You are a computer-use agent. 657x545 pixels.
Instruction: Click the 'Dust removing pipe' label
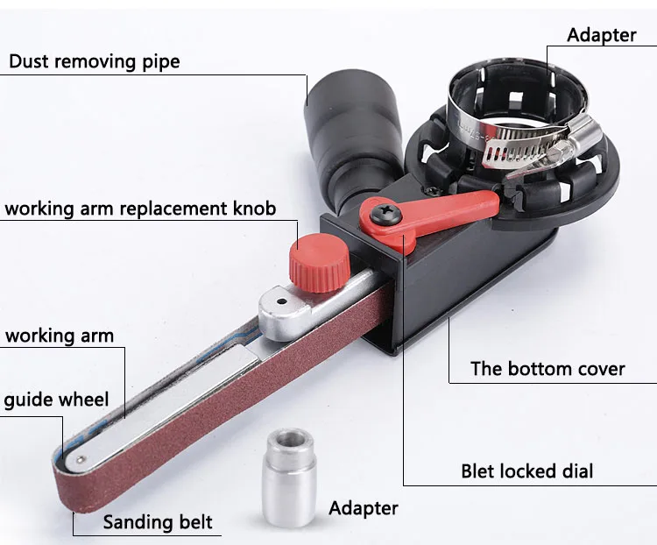point(94,61)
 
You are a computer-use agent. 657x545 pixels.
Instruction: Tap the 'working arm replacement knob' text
point(140,209)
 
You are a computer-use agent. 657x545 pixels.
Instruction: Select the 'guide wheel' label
point(56,400)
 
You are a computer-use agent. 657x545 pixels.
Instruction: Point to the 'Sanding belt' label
point(158,522)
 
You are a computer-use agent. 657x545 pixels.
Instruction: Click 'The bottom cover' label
point(547,368)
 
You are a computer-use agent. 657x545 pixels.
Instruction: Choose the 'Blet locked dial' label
point(526,471)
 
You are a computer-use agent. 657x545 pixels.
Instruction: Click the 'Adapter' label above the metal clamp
point(601,35)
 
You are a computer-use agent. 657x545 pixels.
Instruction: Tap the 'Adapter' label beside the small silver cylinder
point(363,508)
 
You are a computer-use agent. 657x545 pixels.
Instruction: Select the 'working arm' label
point(60,336)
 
